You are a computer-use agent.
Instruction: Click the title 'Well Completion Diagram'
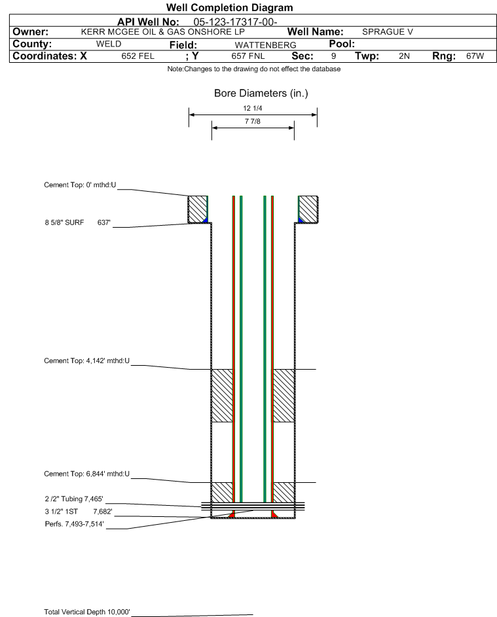point(230,7)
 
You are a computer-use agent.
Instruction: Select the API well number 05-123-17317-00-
point(235,22)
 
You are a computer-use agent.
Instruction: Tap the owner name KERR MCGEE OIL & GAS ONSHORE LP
point(162,32)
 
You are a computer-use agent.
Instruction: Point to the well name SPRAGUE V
point(388,32)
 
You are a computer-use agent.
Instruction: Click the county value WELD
point(109,44)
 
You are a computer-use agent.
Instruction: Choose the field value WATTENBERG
point(265,45)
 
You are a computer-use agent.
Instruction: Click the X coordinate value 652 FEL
point(138,56)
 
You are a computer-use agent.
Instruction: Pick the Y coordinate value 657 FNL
point(248,56)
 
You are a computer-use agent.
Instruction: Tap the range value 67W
point(475,56)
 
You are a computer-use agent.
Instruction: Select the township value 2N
point(404,56)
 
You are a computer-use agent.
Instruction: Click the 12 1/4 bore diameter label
point(253,108)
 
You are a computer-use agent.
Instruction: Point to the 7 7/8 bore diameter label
point(253,122)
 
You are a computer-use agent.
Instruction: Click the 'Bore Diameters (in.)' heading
point(261,94)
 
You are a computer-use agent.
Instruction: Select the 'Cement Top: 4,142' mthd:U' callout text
point(86,361)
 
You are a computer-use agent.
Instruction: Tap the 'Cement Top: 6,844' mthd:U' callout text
point(86,474)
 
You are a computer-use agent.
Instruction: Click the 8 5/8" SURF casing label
point(64,222)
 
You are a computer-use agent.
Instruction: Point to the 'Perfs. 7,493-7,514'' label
point(75,524)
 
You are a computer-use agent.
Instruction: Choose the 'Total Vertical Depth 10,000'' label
point(87,612)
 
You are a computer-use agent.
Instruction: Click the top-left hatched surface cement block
point(197,209)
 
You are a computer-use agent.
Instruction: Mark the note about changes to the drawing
point(254,69)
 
